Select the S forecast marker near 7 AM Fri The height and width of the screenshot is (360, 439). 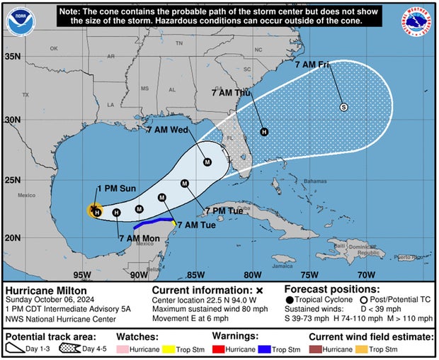(343, 107)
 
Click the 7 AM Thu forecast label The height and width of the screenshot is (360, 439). (232, 93)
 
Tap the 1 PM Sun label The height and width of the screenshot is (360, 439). (115, 188)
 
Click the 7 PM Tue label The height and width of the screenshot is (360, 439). (224, 211)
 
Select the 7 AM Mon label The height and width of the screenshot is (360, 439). (139, 238)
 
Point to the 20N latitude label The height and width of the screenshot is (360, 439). (14, 237)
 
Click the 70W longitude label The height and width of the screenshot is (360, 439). (367, 275)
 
